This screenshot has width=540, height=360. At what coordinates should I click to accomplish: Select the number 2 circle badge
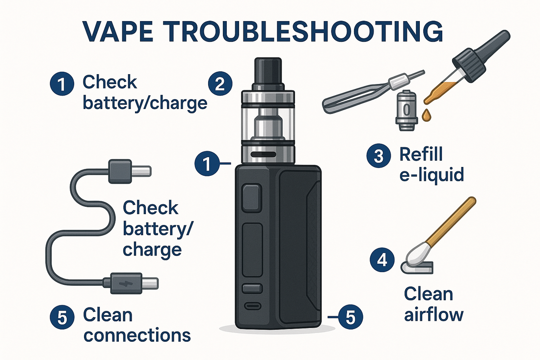[x=220, y=84]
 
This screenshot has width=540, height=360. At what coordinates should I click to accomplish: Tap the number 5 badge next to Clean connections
[x=62, y=317]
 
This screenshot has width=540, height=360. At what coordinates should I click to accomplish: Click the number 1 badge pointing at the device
[x=207, y=164]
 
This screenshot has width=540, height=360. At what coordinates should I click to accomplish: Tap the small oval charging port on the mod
[x=253, y=305]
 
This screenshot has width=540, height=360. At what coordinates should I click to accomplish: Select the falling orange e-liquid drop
[x=426, y=115]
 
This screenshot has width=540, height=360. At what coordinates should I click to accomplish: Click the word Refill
[x=421, y=154]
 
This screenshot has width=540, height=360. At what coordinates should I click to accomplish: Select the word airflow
[x=434, y=314]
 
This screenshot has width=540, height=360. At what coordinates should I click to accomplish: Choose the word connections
[x=137, y=335]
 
